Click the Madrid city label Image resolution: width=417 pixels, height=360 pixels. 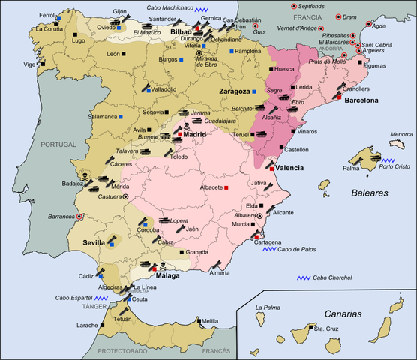tap(194, 135)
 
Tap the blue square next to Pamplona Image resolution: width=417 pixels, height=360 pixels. tap(232, 52)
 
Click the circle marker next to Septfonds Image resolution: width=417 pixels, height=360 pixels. tap(294, 6)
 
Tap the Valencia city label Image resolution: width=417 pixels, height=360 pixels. tap(289, 168)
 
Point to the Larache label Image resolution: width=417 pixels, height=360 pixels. tap(88, 325)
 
